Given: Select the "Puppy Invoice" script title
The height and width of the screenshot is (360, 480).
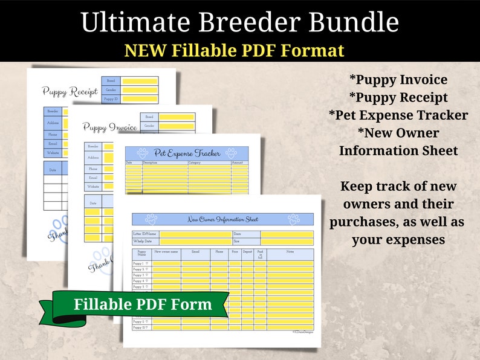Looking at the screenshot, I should (x=109, y=127).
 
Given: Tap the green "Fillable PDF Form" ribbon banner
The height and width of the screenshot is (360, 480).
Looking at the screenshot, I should (x=142, y=304).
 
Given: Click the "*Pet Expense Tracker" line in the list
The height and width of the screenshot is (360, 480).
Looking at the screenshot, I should (x=398, y=115).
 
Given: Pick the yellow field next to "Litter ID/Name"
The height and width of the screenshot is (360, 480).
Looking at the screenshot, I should (x=195, y=234).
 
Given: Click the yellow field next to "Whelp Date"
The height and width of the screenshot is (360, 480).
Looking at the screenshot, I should (x=195, y=241).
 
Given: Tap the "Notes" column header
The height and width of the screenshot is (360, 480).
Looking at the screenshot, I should (x=290, y=252).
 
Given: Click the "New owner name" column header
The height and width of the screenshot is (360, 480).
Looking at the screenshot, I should (x=166, y=252).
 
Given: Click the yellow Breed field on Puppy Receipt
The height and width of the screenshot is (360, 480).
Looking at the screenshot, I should (x=139, y=81).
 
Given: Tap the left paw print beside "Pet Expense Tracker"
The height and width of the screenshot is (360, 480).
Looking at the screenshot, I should (x=143, y=153).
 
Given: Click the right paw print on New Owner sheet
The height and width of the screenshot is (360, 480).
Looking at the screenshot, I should (x=294, y=219).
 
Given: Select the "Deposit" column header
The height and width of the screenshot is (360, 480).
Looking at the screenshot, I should (x=248, y=252).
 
